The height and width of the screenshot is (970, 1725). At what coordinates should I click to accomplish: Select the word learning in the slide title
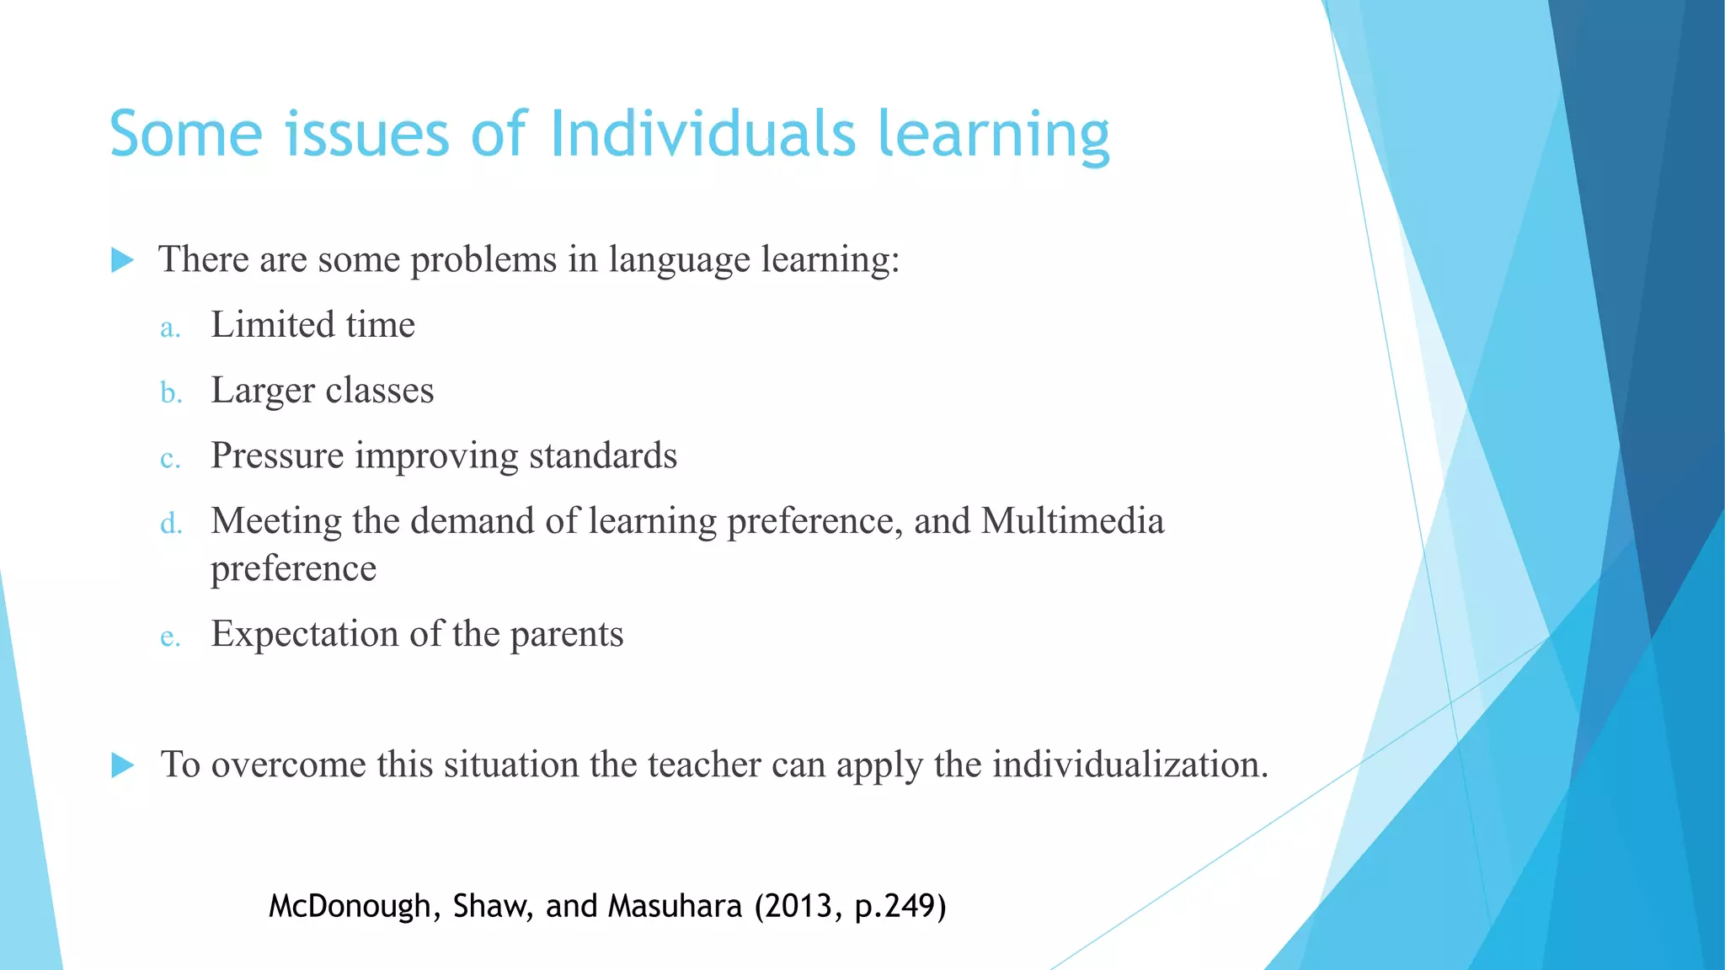click(994, 135)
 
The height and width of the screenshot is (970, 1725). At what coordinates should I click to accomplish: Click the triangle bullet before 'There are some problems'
click(123, 260)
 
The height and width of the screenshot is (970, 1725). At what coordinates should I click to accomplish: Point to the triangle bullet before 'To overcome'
click(123, 765)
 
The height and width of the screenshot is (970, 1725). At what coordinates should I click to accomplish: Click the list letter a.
click(170, 328)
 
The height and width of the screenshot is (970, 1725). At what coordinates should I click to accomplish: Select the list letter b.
click(171, 392)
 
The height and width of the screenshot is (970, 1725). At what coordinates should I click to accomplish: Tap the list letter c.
click(170, 458)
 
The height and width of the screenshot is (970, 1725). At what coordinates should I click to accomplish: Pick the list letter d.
click(171, 524)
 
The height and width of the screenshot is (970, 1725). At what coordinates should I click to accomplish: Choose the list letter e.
click(170, 637)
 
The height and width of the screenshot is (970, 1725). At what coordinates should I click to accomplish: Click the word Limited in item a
click(273, 324)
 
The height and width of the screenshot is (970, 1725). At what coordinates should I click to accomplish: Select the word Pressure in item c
click(277, 456)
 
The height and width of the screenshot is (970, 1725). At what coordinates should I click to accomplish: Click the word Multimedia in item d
click(1072, 520)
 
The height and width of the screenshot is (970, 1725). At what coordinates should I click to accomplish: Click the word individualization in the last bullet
click(1130, 765)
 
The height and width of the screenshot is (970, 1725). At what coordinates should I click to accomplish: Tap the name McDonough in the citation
click(350, 906)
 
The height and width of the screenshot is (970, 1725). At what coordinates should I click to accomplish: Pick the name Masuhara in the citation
click(675, 906)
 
